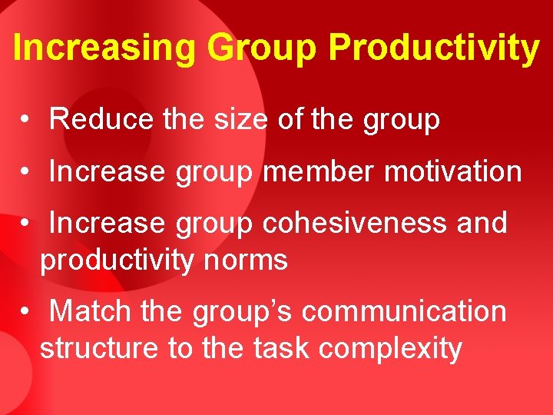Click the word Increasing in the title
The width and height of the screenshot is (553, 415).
coord(105,48)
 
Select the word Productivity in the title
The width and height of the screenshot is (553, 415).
coord(433,48)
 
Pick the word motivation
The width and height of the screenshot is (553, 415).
coord(453,171)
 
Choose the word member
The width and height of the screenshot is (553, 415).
coord(319,171)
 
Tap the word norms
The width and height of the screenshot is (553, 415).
coord(247,261)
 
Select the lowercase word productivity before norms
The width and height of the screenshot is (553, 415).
coord(118,261)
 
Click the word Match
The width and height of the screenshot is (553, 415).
coord(90,312)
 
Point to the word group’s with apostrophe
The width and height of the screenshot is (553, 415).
coord(243,312)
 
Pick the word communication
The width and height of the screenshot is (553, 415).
coord(404,312)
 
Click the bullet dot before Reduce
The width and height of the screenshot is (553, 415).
coord(26,121)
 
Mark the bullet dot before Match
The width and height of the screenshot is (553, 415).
coord(26,313)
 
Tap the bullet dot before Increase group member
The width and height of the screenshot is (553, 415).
coord(26,172)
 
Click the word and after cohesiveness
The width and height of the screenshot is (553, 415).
coord(482,223)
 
